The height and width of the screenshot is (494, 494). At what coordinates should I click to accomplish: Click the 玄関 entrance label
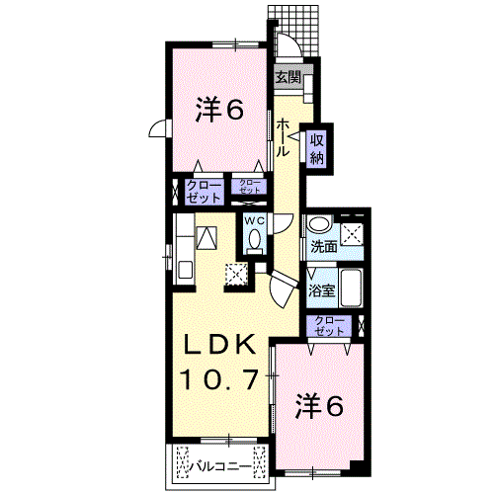[x=287, y=78]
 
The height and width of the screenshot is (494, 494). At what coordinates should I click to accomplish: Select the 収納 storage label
[x=317, y=148]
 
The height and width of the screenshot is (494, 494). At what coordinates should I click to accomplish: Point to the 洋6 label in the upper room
[x=218, y=111]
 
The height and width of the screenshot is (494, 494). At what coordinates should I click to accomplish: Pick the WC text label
[x=254, y=219]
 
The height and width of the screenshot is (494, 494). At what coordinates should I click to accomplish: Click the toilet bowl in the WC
[x=254, y=240]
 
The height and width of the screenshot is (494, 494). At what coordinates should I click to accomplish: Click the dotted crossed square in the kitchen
[x=237, y=275]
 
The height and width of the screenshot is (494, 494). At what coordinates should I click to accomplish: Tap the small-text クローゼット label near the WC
[x=247, y=186]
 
